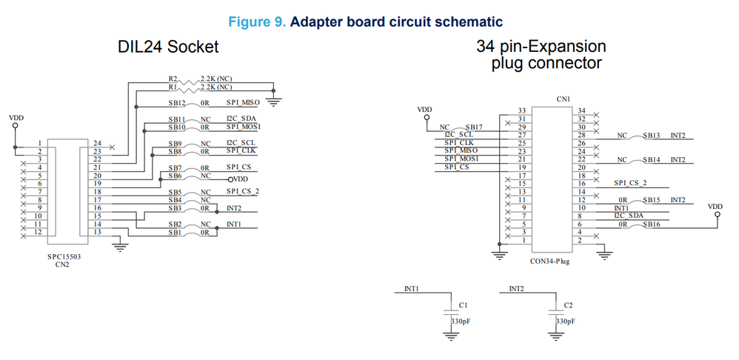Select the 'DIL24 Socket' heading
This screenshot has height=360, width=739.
click(168, 47)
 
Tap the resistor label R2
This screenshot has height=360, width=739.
click(173, 77)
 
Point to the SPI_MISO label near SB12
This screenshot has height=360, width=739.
click(242, 103)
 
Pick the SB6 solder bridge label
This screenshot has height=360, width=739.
click(175, 176)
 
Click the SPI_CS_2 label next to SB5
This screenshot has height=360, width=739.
click(244, 191)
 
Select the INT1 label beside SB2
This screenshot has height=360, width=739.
click(233, 224)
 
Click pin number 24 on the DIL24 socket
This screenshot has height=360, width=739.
click(98, 143)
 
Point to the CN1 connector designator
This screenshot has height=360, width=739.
click(564, 98)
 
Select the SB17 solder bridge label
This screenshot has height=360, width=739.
click(474, 127)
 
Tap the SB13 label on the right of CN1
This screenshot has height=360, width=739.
click(652, 136)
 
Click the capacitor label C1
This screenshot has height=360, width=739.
click(464, 304)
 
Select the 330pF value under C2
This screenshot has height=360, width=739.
click(566, 322)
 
